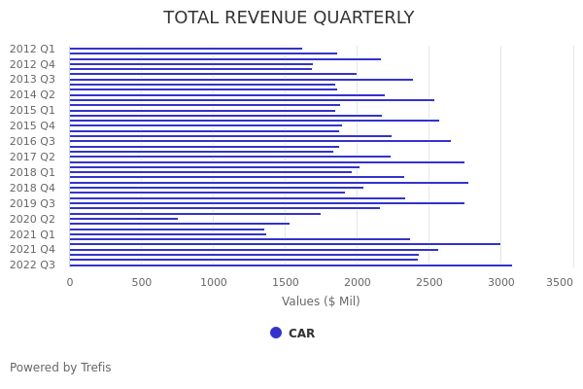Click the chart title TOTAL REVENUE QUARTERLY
click(x=289, y=18)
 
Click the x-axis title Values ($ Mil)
click(x=321, y=301)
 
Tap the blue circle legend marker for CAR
click(x=276, y=333)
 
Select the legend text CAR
click(x=301, y=334)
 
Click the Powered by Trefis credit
click(x=60, y=368)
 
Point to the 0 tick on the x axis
click(x=70, y=282)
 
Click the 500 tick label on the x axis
click(x=142, y=282)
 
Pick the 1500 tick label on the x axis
click(x=286, y=282)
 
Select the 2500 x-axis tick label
click(x=429, y=282)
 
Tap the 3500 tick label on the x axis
click(x=560, y=282)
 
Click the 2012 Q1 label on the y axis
click(x=33, y=49)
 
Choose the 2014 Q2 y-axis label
click(x=33, y=94)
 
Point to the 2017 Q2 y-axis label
click(x=33, y=157)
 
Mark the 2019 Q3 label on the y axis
click(x=33, y=203)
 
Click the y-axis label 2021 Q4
click(x=33, y=249)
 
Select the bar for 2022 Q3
click(x=291, y=265)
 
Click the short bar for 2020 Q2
click(x=123, y=219)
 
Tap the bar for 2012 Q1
click(x=186, y=49)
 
